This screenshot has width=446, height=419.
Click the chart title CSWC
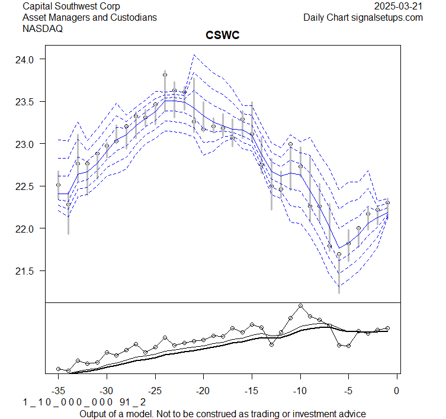(222, 35)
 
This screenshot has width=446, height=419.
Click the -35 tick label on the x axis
(58, 391)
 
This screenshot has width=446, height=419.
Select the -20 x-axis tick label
(203, 391)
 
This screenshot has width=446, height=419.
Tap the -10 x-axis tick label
(300, 391)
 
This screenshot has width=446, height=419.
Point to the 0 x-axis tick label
(397, 391)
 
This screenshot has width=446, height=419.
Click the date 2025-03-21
(399, 7)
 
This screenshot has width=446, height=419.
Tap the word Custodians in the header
(134, 18)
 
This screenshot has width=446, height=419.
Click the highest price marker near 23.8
(165, 75)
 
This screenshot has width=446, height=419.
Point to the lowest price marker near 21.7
(339, 254)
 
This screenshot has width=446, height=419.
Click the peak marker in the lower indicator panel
(300, 306)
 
